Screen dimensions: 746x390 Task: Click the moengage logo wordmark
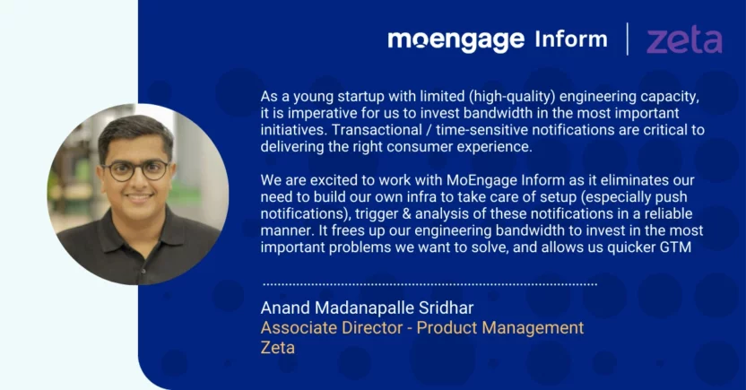[455, 40]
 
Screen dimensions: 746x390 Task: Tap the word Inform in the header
[571, 39]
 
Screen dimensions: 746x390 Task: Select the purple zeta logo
[685, 40]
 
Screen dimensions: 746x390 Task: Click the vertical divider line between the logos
[628, 39]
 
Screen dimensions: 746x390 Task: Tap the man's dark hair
[135, 132]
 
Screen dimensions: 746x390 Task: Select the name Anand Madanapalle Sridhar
[367, 308]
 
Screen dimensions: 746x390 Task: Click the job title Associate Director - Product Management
[422, 328]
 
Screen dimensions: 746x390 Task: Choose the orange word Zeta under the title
[277, 347]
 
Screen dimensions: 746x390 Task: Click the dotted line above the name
[429, 284]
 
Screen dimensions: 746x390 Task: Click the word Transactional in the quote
[377, 130]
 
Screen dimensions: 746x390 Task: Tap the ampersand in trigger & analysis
[406, 214]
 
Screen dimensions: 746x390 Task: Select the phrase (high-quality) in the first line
[512, 97]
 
